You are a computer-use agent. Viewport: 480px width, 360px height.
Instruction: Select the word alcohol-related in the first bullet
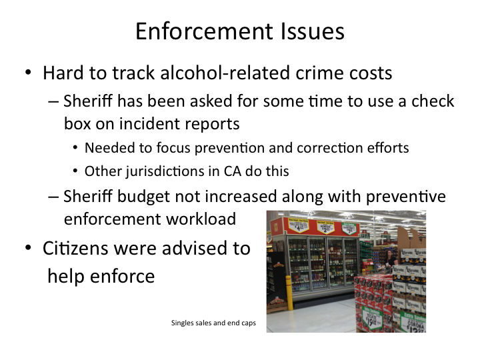(225, 73)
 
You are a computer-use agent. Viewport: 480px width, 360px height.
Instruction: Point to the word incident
(149, 124)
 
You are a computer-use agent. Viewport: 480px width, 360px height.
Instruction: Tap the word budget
(143, 197)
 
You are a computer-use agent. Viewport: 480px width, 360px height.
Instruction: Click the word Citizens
(75, 248)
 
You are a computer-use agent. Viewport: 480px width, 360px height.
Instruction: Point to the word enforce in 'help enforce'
(123, 276)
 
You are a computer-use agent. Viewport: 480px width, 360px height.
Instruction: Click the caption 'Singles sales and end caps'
(213, 323)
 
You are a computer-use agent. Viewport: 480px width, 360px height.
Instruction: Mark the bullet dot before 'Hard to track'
(28, 73)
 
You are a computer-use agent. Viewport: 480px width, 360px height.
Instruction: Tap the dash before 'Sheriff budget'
(53, 197)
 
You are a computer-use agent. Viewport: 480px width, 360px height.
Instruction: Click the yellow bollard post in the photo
(289, 293)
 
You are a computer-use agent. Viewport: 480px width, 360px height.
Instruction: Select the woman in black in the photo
(390, 259)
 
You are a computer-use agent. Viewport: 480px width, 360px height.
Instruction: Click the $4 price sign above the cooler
(297, 226)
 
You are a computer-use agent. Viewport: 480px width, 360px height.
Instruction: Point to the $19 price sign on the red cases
(372, 319)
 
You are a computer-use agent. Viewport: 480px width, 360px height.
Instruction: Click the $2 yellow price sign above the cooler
(325, 227)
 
